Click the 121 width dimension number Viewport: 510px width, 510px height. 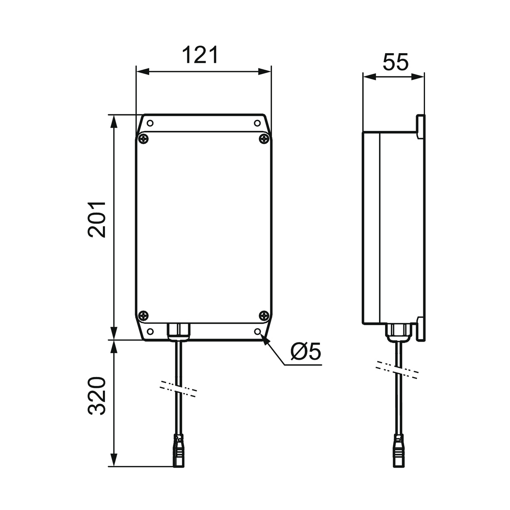pos(200,55)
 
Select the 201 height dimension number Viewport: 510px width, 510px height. pos(97,220)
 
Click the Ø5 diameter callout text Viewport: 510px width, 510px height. pos(306,351)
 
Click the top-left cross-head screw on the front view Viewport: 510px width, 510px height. pos(144,139)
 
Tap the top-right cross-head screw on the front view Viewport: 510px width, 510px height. pos(264,139)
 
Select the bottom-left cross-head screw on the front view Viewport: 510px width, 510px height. pos(144,315)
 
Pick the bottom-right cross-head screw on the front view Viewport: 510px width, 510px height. pos(264,315)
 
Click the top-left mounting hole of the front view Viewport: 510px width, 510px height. pos(150,123)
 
